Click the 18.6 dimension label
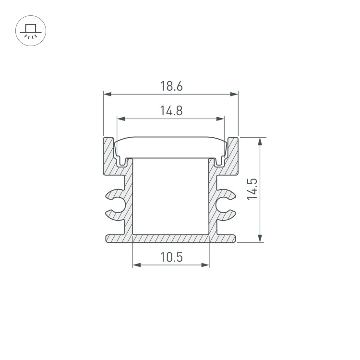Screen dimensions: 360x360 [171, 86]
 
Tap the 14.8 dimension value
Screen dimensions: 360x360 [171, 111]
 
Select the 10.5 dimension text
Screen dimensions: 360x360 [171, 257]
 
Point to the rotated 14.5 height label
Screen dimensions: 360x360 [252, 190]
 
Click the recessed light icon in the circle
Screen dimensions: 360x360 [31, 31]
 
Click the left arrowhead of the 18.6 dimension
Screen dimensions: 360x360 [108, 94]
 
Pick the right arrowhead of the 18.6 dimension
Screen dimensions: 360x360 [234, 94]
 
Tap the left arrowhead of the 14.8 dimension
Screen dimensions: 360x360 [121, 119]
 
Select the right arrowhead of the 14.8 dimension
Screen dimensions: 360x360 [220, 119]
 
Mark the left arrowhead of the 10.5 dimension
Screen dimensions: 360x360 [137, 265]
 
